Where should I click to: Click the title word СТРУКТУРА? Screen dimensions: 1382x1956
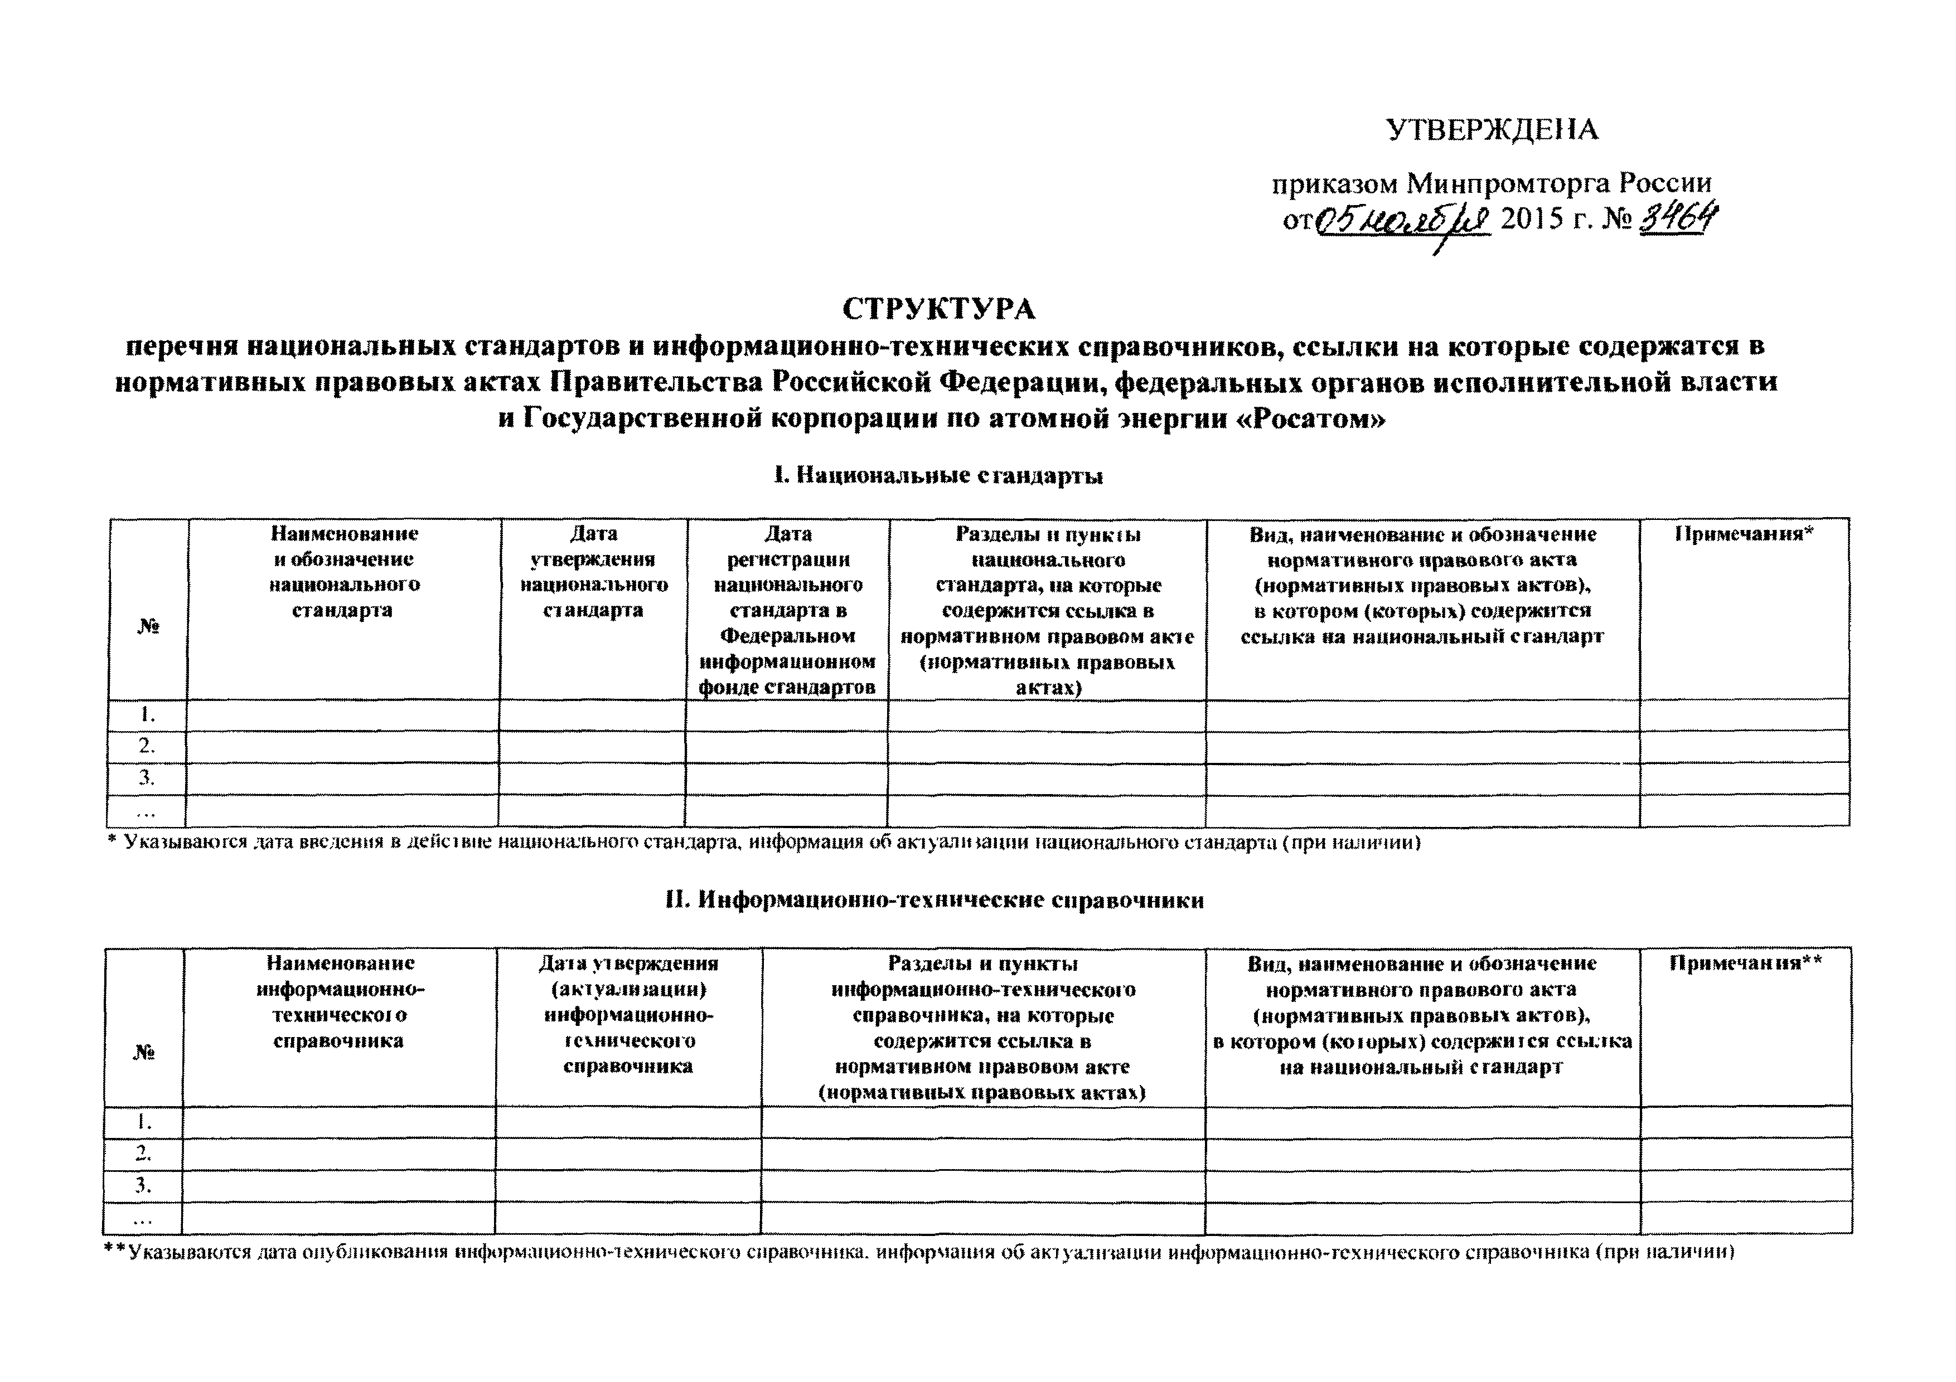(x=939, y=309)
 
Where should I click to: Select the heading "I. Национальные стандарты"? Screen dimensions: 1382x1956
(x=938, y=476)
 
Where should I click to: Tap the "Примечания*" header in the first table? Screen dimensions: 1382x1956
(x=1744, y=534)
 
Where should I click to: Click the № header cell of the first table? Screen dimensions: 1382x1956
(x=148, y=627)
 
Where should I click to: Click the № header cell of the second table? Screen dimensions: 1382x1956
(x=143, y=1053)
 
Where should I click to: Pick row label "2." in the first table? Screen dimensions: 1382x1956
(x=147, y=746)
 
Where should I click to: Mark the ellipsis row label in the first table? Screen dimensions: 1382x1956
(x=147, y=810)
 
